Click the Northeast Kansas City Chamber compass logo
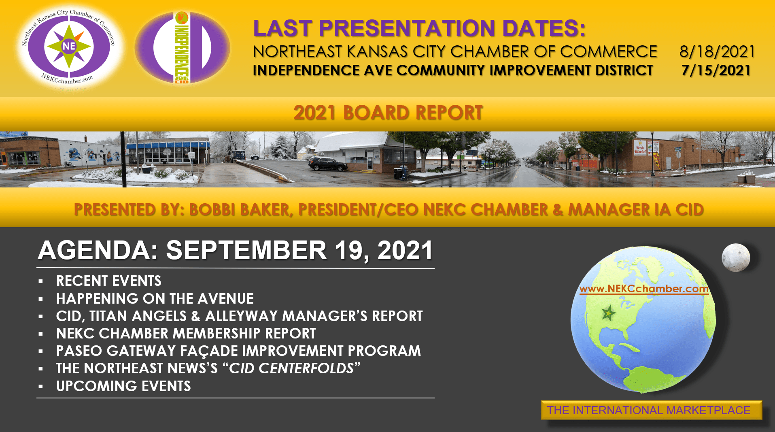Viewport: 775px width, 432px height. pos(69,47)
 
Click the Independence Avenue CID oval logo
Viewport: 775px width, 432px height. pos(182,47)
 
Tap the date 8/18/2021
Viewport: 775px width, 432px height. pos(717,51)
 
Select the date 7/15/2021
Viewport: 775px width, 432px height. pos(716,70)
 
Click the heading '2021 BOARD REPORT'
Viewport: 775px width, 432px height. pos(388,113)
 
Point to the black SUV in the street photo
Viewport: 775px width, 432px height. pos(327,164)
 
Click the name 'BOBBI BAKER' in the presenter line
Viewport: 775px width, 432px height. pos(239,210)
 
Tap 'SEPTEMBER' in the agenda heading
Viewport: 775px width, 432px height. pos(246,250)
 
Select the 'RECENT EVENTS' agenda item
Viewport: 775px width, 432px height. pos(109,281)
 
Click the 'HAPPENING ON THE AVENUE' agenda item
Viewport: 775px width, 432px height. pos(155,298)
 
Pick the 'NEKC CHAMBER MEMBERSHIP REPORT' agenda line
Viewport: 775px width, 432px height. pos(186,333)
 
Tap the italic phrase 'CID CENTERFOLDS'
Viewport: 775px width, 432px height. pos(291,368)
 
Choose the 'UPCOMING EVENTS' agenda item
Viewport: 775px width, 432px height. pos(123,386)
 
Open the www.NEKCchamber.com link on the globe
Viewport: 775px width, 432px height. pos(644,289)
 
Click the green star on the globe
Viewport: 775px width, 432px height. pos(608,313)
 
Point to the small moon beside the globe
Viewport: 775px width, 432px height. pos(736,257)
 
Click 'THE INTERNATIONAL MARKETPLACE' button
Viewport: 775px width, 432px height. pos(651,410)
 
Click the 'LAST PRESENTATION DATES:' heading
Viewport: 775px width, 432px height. pos(419,28)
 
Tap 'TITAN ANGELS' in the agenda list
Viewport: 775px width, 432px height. pos(138,316)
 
